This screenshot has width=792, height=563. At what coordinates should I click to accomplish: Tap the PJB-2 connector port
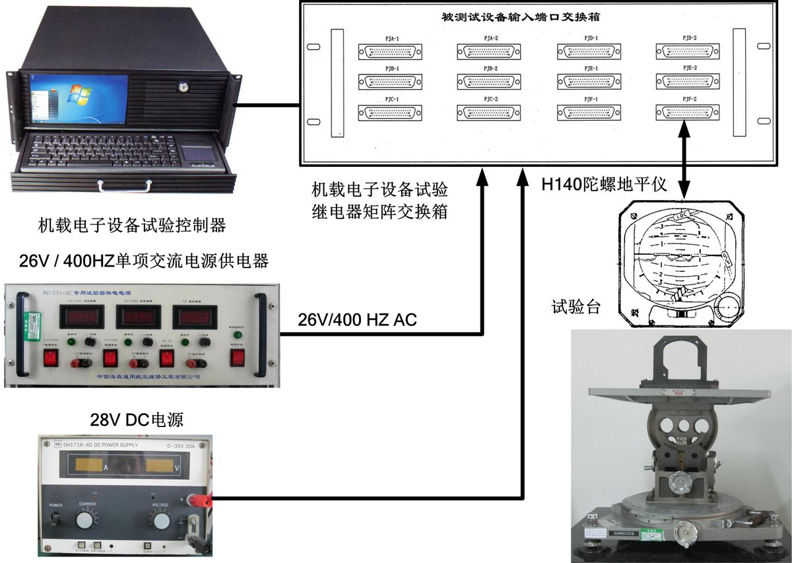(x=489, y=82)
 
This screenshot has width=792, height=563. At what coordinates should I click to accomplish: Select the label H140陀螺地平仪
(x=604, y=186)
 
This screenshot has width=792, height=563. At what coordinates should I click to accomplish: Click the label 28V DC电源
(x=137, y=420)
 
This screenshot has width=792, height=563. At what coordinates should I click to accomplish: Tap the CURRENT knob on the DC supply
(x=84, y=521)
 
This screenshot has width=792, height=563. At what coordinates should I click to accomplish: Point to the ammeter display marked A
(x=90, y=465)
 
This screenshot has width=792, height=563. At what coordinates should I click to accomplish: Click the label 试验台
(x=576, y=306)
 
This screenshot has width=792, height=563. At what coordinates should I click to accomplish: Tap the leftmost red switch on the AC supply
(x=50, y=358)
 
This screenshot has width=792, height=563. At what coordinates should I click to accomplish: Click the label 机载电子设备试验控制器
(x=132, y=226)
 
